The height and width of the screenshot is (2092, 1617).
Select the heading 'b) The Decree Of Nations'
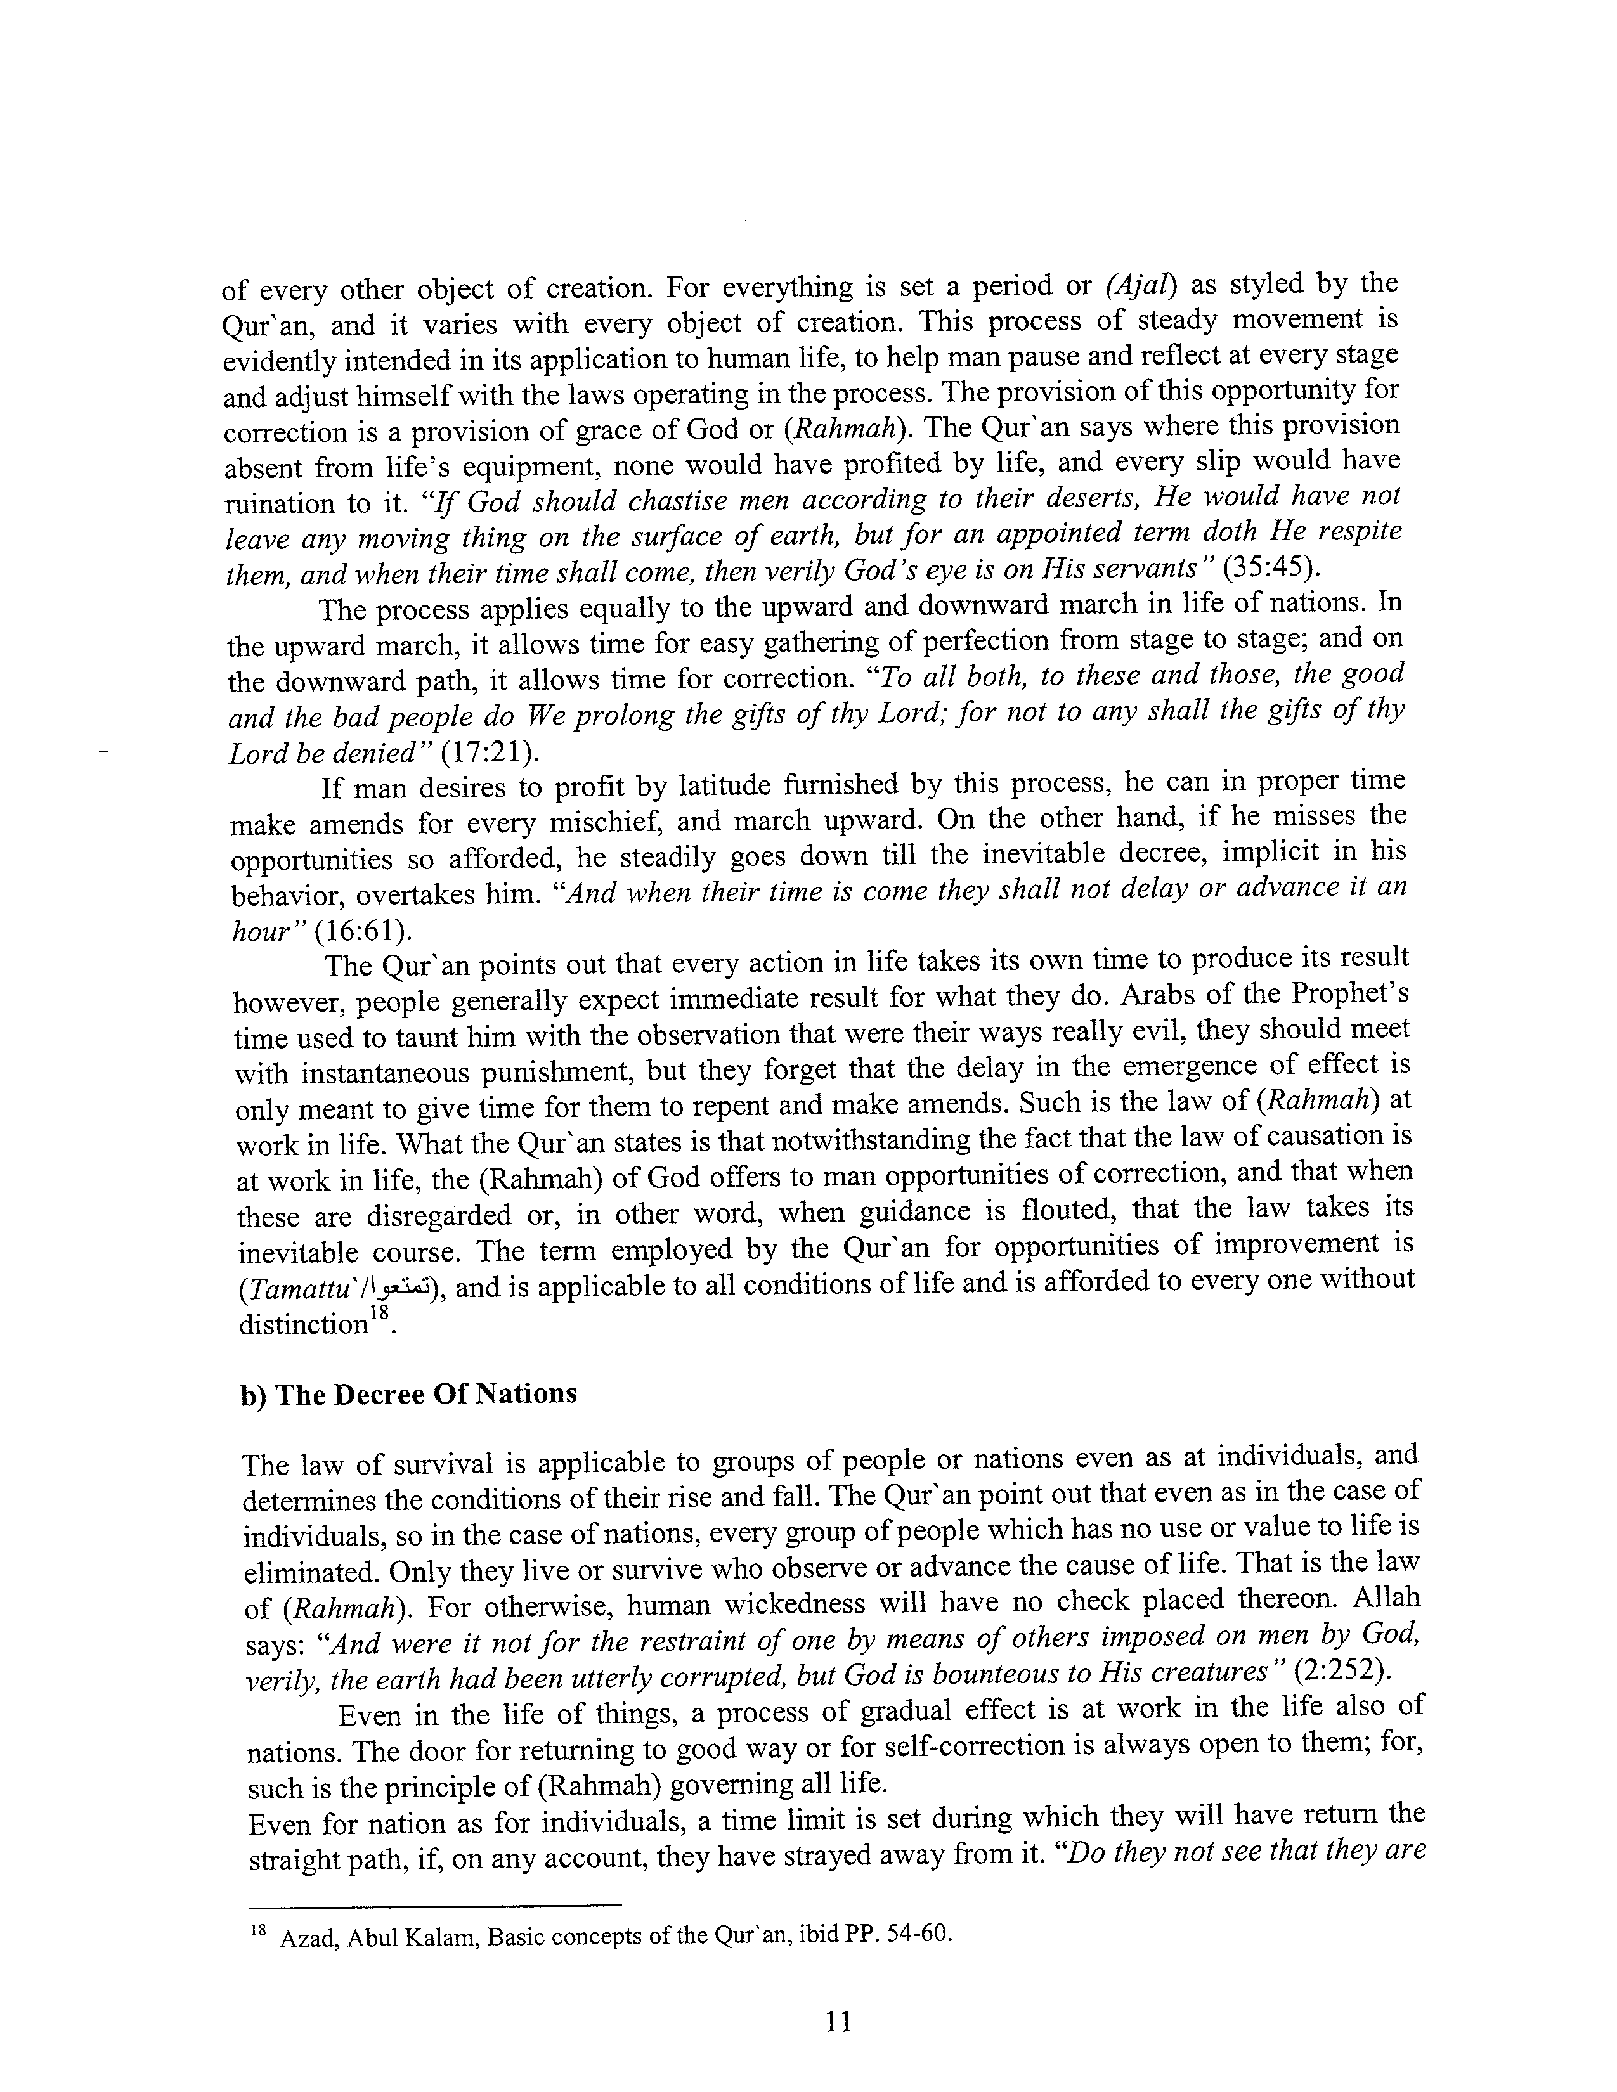pyautogui.click(x=408, y=1393)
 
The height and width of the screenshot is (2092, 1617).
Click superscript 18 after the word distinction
pyautogui.click(x=380, y=1314)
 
